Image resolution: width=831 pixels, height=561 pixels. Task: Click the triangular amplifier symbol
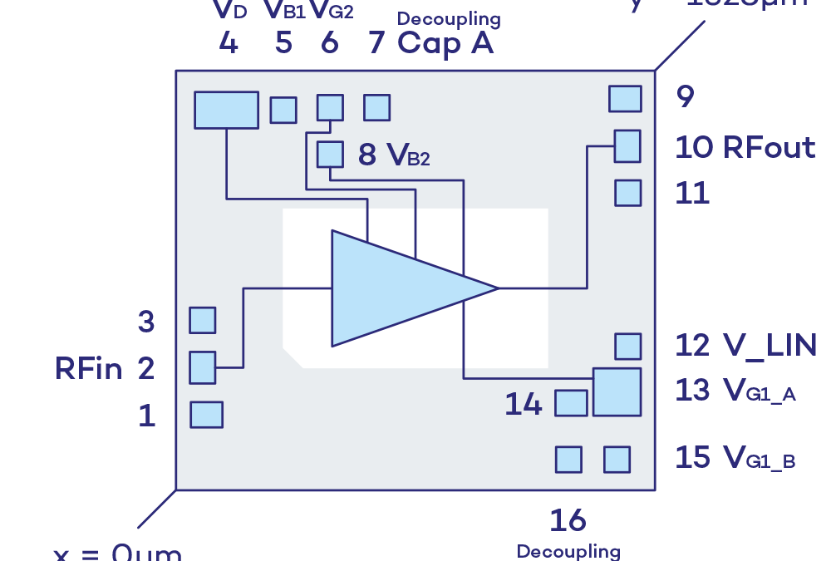(399, 288)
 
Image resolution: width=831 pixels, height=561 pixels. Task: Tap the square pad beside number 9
(625, 98)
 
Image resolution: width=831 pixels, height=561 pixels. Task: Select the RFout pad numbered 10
(627, 145)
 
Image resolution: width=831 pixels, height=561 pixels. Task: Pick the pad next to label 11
(627, 193)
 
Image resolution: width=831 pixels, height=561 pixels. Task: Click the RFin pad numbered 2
(202, 367)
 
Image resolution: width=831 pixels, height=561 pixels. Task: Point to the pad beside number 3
(202, 320)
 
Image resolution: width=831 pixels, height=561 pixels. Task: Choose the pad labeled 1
(206, 414)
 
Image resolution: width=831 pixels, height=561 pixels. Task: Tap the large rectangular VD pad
(226, 110)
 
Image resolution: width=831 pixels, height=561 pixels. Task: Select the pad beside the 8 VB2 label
(330, 155)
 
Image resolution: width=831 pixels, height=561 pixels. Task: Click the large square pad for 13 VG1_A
(617, 391)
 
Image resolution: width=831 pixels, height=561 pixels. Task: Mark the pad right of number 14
(571, 402)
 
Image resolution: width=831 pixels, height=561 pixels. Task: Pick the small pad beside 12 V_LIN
(627, 346)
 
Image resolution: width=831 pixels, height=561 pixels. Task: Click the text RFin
(88, 368)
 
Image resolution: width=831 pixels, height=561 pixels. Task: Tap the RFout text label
(769, 148)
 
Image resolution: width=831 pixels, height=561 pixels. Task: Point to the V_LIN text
(769, 346)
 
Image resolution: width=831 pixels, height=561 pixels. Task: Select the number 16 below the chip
(568, 521)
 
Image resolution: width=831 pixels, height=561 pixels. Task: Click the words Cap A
(445, 42)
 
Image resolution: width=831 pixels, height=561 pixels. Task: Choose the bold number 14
(524, 405)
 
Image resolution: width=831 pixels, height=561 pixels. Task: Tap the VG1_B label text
(759, 457)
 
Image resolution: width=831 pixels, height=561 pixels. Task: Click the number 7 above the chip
(376, 42)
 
